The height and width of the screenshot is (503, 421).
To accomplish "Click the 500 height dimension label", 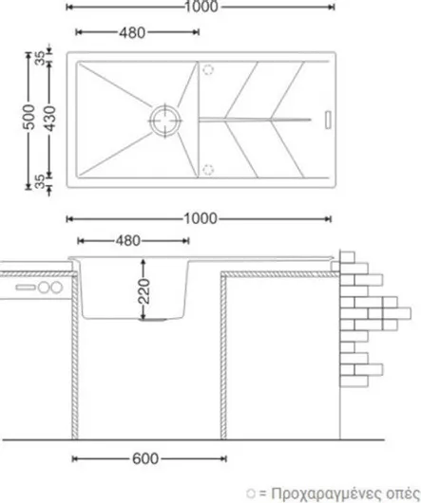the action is pos(29,117).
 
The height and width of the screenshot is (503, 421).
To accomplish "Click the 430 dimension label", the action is pos(50,119).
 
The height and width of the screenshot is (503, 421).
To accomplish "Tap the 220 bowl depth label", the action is pos(144,291).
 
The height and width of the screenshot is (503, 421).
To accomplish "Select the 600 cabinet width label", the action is pos(145,458).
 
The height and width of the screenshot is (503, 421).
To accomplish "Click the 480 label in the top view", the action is pos(132,32).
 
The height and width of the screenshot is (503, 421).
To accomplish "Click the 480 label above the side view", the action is pos(128,241).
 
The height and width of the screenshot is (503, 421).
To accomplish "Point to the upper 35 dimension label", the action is pos(41,58).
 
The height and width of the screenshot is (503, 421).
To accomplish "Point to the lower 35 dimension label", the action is pos(40,181).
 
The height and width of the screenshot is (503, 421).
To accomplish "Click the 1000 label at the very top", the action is pos(201,7).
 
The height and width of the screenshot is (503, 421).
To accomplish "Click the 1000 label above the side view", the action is pos(201,219).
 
